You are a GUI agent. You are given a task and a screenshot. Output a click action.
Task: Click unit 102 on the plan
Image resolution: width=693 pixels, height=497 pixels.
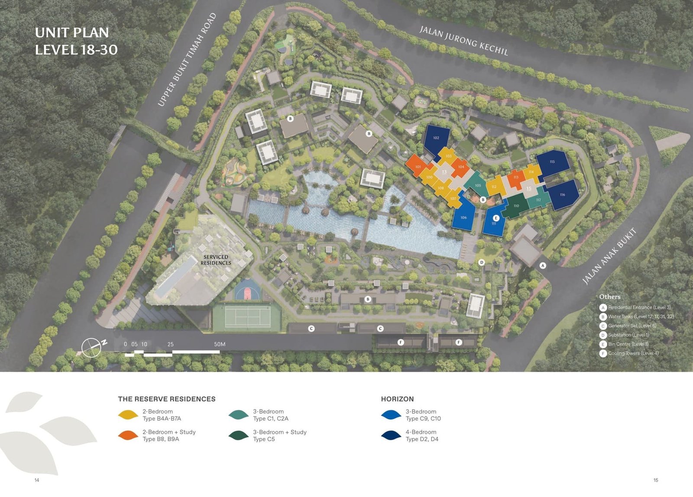[436, 138]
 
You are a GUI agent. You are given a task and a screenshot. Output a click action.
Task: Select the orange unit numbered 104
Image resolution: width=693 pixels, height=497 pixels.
[461, 167]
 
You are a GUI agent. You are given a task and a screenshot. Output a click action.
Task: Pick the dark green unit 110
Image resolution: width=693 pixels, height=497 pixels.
[516, 206]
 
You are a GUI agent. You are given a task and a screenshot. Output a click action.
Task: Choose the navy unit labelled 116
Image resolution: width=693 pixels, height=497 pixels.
[562, 195]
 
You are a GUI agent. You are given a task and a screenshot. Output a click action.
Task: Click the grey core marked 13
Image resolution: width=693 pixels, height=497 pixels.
[444, 172]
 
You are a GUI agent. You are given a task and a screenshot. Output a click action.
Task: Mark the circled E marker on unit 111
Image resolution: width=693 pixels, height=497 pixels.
[496, 218]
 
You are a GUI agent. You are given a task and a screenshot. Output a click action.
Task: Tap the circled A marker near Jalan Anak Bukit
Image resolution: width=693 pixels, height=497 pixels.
[543, 265]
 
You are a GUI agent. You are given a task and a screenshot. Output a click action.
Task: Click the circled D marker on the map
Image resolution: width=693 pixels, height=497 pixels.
[481, 262]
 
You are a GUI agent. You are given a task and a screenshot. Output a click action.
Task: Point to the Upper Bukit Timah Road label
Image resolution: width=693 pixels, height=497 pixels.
[187, 60]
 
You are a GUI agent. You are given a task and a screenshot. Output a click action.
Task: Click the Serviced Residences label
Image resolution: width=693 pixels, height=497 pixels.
[216, 260]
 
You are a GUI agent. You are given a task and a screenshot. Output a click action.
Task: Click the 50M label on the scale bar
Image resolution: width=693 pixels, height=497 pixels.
[220, 344]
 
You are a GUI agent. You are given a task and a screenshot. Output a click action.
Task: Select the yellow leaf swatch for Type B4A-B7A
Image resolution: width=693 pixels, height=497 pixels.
[128, 415]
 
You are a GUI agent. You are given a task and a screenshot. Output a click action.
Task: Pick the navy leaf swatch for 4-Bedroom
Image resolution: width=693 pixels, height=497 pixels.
[391, 436]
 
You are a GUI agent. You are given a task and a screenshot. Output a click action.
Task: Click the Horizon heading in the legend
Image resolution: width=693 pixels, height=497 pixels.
[397, 399]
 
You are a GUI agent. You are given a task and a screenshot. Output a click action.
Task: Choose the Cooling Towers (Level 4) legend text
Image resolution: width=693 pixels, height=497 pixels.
[633, 353]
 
